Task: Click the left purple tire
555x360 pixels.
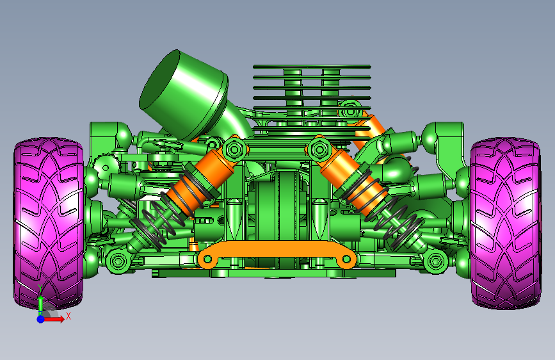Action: pos(49,223)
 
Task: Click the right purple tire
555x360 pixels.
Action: pos(506,223)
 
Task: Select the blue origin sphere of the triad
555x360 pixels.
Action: pos(41,319)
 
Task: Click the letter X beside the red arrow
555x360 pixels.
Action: pos(68,316)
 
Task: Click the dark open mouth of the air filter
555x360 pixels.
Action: pos(159,79)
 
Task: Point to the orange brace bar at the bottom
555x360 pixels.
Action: pos(277,253)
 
